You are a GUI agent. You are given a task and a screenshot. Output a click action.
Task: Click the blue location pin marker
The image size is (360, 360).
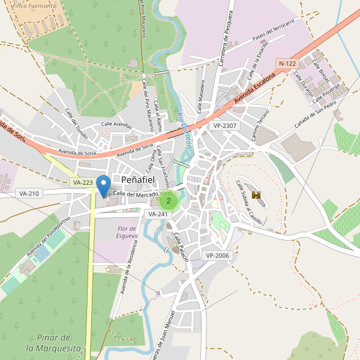pyautogui.click(x=103, y=185)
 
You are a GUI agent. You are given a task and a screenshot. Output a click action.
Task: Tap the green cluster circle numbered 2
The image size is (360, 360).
pyautogui.click(x=169, y=201)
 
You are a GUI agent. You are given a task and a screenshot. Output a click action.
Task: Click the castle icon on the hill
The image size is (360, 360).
pyautogui.click(x=257, y=195)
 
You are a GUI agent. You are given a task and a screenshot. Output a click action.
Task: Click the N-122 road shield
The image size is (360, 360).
pyautogui.click(x=287, y=63)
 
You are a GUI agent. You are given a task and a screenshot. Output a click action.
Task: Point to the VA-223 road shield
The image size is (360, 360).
pyautogui.click(x=82, y=182)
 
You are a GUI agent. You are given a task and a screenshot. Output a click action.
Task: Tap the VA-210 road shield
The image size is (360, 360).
pyautogui.click(x=29, y=193)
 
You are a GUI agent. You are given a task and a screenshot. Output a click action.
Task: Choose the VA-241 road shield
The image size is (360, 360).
pyautogui.click(x=158, y=214)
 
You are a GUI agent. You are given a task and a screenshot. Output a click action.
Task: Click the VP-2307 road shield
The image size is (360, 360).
pyautogui.click(x=225, y=126)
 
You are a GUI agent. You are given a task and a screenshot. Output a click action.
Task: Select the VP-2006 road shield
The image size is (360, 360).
pyautogui.click(x=217, y=256)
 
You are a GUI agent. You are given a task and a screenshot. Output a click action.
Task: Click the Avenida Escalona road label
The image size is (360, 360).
pyautogui.click(x=254, y=89)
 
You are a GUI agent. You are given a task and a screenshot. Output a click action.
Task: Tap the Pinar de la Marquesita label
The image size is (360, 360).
pyautogui.click(x=54, y=343)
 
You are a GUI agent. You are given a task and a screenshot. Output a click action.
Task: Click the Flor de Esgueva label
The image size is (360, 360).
pyautogui.click(x=127, y=232)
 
